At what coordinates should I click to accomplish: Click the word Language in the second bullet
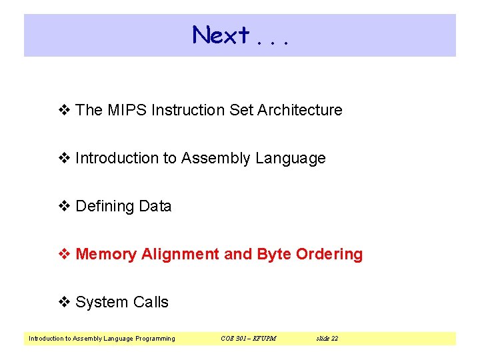(x=291, y=159)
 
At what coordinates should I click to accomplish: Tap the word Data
(x=155, y=206)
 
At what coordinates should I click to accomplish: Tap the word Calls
(x=150, y=302)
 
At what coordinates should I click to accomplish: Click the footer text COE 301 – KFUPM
(x=248, y=339)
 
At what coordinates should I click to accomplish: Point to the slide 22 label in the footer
(x=327, y=339)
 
